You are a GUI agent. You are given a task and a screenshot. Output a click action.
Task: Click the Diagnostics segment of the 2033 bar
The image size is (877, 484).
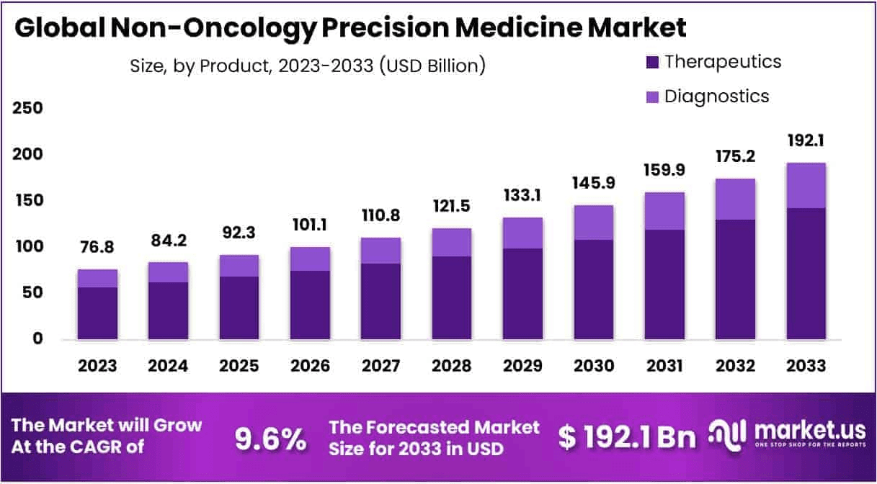coord(806,186)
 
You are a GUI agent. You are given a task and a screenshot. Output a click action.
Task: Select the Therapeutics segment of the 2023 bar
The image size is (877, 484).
coord(97,313)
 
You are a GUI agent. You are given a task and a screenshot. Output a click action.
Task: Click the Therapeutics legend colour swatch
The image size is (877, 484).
coord(653,62)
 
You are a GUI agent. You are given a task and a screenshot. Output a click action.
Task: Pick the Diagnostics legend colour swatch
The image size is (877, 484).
coord(653,97)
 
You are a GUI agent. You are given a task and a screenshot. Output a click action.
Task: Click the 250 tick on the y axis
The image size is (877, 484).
coord(29,108)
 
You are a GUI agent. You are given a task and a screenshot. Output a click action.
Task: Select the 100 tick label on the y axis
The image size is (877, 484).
coord(29,246)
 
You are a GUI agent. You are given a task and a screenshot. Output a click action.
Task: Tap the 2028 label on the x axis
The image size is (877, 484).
coord(452,366)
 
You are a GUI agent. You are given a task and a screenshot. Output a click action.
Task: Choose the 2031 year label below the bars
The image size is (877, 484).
coord(664,366)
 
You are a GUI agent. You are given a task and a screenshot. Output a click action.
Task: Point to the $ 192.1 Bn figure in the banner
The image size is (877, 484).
coord(628,437)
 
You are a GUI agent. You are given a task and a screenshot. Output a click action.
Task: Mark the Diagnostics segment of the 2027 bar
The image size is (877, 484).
coord(380,251)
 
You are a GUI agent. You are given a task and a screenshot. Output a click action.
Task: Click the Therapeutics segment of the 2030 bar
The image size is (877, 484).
coord(594,290)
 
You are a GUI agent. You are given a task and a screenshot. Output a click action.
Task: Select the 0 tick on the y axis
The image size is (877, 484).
coord(36,339)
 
